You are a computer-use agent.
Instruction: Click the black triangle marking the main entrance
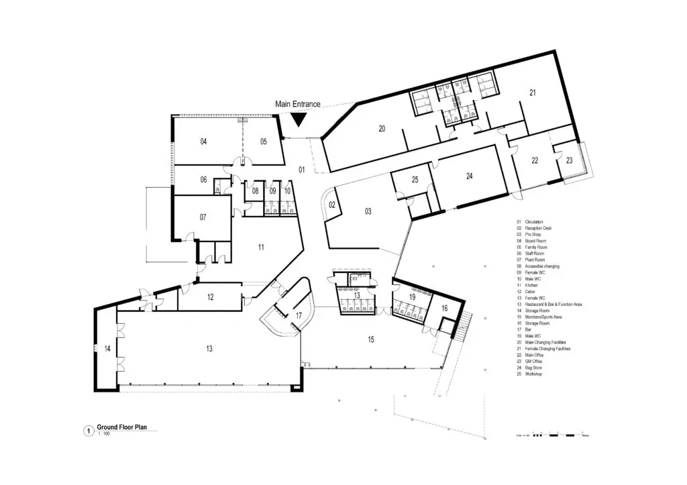[298, 119]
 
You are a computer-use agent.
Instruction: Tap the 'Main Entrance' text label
[298, 105]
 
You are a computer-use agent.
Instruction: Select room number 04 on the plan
[203, 142]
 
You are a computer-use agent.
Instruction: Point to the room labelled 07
[203, 217]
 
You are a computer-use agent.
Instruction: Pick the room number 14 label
[107, 349]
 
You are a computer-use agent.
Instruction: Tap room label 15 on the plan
[370, 340]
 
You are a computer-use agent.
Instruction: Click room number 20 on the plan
[381, 128]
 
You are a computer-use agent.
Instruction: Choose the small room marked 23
[569, 160]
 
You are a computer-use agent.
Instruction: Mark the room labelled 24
[470, 176]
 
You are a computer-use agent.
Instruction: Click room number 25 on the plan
[415, 180]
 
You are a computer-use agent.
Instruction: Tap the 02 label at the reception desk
[331, 205]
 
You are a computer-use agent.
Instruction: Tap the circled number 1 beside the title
[87, 431]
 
